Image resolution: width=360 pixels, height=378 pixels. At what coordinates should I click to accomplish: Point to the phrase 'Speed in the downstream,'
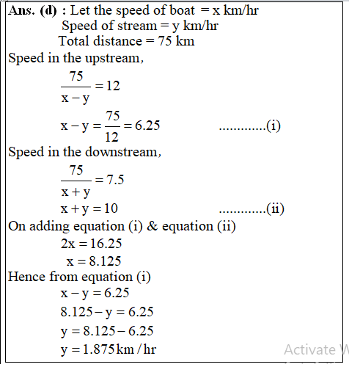(x=84, y=153)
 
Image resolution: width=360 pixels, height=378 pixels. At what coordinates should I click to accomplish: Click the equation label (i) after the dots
(x=273, y=126)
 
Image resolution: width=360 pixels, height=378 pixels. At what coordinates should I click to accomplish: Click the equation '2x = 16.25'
(x=92, y=243)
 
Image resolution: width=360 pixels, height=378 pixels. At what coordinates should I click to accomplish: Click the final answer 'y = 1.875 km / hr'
(x=108, y=349)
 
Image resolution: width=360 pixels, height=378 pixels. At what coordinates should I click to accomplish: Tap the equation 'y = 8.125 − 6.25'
(x=106, y=332)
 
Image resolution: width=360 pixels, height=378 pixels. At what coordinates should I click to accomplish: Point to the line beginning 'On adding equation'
(x=122, y=226)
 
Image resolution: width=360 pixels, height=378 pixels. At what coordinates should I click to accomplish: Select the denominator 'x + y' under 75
(x=76, y=192)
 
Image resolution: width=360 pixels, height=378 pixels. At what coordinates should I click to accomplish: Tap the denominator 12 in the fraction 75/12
(x=112, y=136)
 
